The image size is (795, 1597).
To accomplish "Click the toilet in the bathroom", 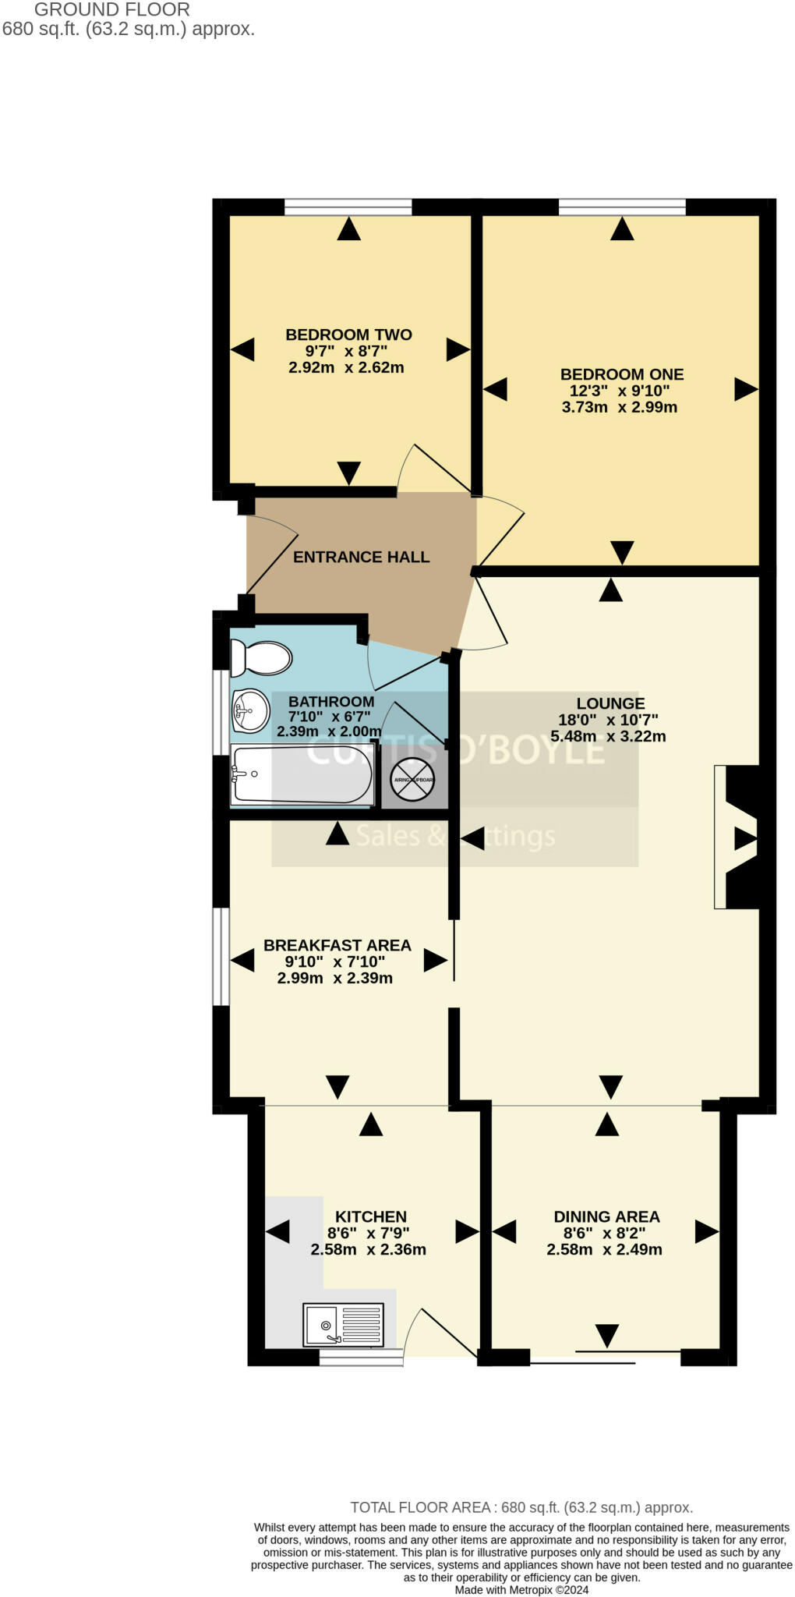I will [262, 658].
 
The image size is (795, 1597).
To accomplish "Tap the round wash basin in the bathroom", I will [249, 710].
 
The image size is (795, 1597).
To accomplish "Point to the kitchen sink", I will [343, 1325].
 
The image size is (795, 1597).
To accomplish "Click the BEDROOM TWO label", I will [348, 335].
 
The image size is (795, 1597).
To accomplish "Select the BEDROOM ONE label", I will [621, 374].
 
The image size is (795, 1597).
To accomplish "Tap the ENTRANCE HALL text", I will [361, 557].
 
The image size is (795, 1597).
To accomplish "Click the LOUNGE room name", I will [610, 703].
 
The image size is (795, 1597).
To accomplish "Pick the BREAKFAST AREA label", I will [337, 945].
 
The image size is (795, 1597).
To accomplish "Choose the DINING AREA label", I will [606, 1216].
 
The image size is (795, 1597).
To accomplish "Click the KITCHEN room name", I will [370, 1216].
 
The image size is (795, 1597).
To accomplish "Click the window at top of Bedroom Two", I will [348, 207].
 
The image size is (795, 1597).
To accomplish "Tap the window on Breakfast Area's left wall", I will [221, 956].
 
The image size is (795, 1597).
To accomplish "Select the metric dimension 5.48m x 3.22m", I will [608, 736].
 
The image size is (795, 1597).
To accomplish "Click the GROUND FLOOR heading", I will [111, 10].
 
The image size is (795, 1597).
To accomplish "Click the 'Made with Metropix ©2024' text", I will [521, 1589].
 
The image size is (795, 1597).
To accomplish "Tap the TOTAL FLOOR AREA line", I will [521, 1507].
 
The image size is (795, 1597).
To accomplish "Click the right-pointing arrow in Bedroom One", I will [745, 389].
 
